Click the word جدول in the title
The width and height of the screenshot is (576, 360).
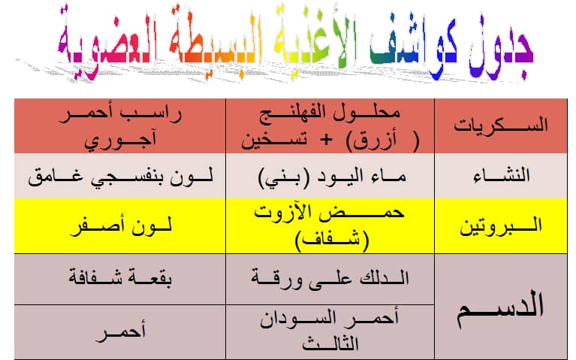(500, 46)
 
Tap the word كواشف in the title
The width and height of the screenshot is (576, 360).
(414, 44)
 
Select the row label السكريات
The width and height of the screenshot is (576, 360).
(501, 126)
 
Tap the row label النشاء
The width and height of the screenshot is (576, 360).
(502, 175)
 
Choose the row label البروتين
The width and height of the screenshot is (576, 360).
(501, 225)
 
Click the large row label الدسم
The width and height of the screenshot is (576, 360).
(500, 308)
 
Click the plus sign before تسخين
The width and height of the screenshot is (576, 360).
(326, 140)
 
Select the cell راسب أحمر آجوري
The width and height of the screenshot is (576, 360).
(120, 127)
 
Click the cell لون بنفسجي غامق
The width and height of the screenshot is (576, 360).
(120, 177)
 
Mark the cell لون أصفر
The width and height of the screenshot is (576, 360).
(121, 226)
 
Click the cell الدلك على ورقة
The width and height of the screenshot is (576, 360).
(330, 279)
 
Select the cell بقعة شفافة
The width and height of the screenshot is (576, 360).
(120, 277)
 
